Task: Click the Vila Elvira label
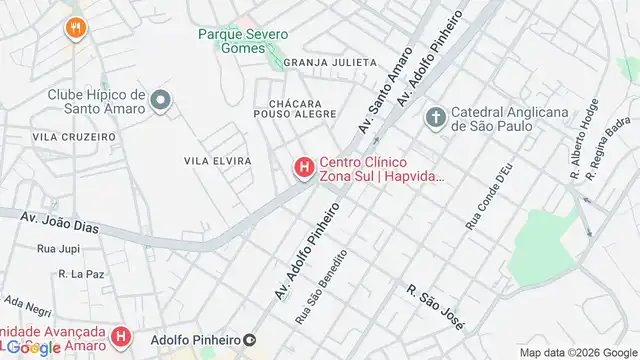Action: click(217, 160)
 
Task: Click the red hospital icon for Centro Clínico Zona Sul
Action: click(303, 167)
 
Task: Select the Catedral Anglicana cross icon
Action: click(436, 118)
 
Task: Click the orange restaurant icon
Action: click(74, 27)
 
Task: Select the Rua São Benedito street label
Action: click(321, 286)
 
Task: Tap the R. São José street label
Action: click(436, 304)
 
